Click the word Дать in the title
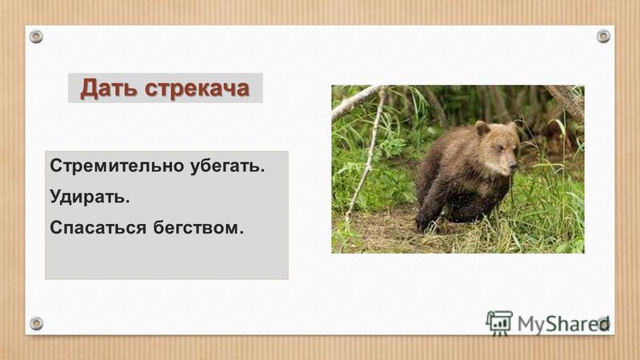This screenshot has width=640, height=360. coord(108,88)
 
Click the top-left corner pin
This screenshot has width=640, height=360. coord(36,36)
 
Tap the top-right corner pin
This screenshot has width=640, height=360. coord(603,36)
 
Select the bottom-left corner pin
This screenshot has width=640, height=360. coord(36,323)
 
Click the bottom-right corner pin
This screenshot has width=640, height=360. coord(603,323)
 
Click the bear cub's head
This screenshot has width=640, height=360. coord(496,148)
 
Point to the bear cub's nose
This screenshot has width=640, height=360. coord(513,169)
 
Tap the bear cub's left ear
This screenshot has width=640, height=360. coord(482,128)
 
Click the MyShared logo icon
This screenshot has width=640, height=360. coord(499,322)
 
